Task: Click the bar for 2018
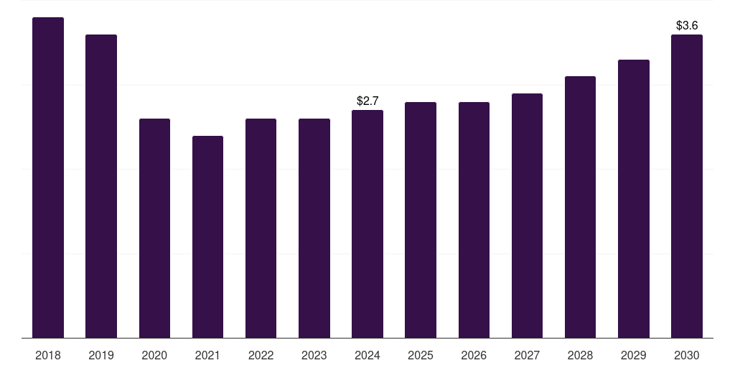click(48, 178)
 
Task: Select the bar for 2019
click(101, 186)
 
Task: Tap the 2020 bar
click(154, 228)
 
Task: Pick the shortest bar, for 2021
click(207, 236)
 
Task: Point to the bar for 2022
click(261, 228)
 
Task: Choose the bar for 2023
click(314, 228)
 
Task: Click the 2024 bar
click(367, 224)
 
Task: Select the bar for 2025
click(421, 220)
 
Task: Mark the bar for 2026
click(474, 220)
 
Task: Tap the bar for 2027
click(527, 216)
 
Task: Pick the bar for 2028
click(580, 207)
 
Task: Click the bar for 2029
click(634, 198)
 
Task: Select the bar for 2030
click(687, 186)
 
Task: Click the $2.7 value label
click(367, 101)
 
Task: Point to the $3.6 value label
click(687, 26)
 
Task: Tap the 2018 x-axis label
click(48, 355)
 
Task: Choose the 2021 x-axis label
click(207, 355)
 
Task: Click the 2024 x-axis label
click(367, 355)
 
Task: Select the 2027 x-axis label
click(527, 355)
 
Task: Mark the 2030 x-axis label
click(687, 355)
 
